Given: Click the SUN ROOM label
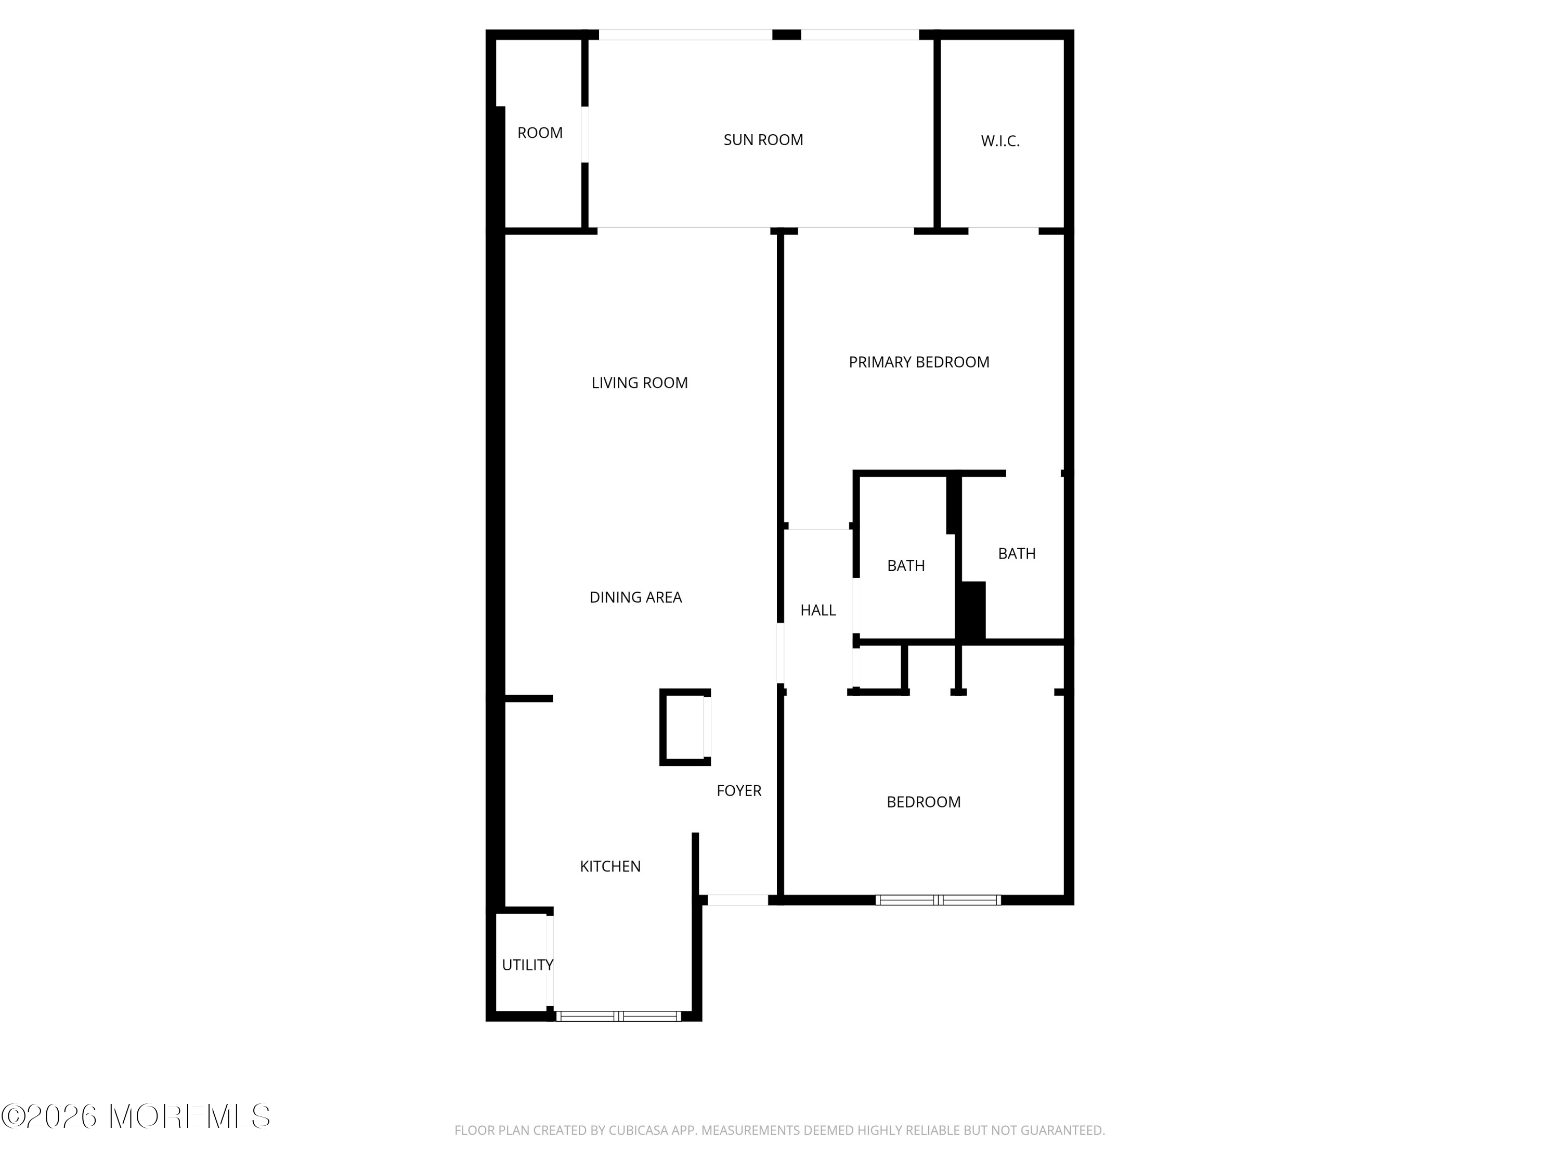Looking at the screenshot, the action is (763, 140).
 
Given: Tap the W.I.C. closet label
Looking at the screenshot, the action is (1000, 141).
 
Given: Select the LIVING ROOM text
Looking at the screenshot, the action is (640, 383).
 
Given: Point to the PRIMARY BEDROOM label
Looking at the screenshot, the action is (919, 362).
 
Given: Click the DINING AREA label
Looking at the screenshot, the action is (635, 597).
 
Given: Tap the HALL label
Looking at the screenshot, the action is (818, 610).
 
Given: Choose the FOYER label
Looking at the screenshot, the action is (739, 790).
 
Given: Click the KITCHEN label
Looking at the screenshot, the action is (610, 866).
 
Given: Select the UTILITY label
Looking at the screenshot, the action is (527, 965).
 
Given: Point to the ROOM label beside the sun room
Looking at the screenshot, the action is (540, 133).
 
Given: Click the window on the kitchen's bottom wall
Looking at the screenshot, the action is (618, 1016).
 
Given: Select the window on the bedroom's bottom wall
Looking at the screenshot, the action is (938, 900).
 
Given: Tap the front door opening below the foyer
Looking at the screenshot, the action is (738, 900).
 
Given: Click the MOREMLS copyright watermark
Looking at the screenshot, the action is (135, 1116).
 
